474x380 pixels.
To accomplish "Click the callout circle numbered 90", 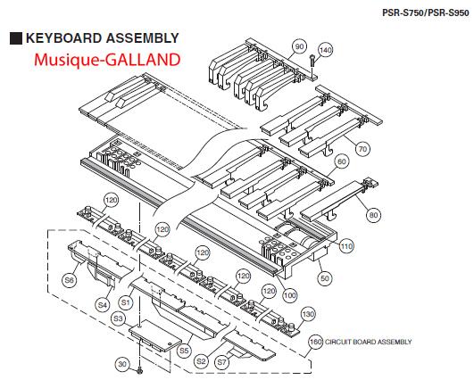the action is (x=299, y=46).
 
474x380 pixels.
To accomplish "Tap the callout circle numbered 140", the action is (x=325, y=50).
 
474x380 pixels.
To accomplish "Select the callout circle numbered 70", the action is (x=362, y=149).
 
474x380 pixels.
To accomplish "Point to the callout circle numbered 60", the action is (x=342, y=161).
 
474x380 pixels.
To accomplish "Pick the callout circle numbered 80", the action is (x=374, y=215).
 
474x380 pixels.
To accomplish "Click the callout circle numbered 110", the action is (x=346, y=246).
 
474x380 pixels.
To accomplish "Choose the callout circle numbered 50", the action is (x=324, y=278).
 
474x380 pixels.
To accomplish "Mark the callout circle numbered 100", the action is (x=289, y=295).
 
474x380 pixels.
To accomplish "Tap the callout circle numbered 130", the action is (x=308, y=315).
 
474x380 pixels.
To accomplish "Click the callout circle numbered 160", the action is (x=316, y=342).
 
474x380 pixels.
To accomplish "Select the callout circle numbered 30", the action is (x=122, y=364).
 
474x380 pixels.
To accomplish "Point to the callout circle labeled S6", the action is (x=70, y=280).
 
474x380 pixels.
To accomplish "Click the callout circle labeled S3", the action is (x=118, y=318).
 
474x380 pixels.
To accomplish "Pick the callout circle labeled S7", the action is (x=222, y=361).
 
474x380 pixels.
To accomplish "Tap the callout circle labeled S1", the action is (x=126, y=302).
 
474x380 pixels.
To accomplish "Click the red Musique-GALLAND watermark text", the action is (x=107, y=60).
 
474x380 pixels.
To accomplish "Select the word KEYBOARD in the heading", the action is (x=63, y=38).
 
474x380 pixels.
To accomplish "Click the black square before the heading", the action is (x=16, y=38).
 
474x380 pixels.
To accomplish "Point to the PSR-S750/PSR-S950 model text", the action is (x=426, y=12).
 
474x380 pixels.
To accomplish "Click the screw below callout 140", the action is (x=312, y=61).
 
